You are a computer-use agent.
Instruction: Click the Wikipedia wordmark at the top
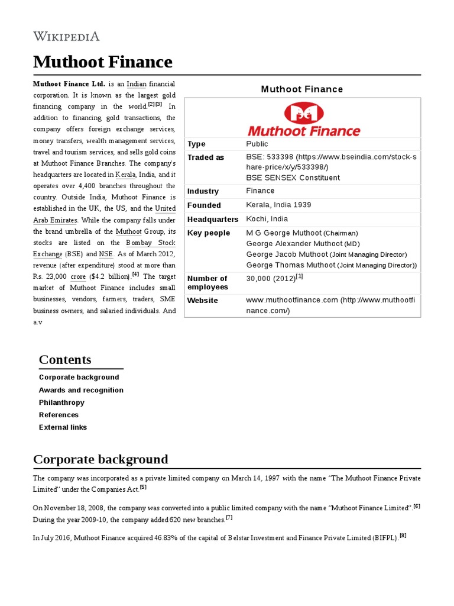[66, 36]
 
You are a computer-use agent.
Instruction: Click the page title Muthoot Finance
[103, 62]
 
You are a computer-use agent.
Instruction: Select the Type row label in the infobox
[196, 144]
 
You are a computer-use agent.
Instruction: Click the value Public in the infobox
[257, 144]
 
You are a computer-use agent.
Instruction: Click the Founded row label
[204, 205]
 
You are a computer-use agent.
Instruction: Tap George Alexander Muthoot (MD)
[303, 244]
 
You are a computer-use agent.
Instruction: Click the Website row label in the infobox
[203, 301]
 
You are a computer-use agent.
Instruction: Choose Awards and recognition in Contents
[81, 390]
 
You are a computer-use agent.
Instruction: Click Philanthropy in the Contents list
[61, 402]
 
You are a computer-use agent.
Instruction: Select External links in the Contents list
[63, 427]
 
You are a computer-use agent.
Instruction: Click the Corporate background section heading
[100, 459]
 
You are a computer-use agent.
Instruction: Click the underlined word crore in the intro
[78, 276]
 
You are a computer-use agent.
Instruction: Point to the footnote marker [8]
[403, 536]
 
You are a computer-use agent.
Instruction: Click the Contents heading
[65, 360]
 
